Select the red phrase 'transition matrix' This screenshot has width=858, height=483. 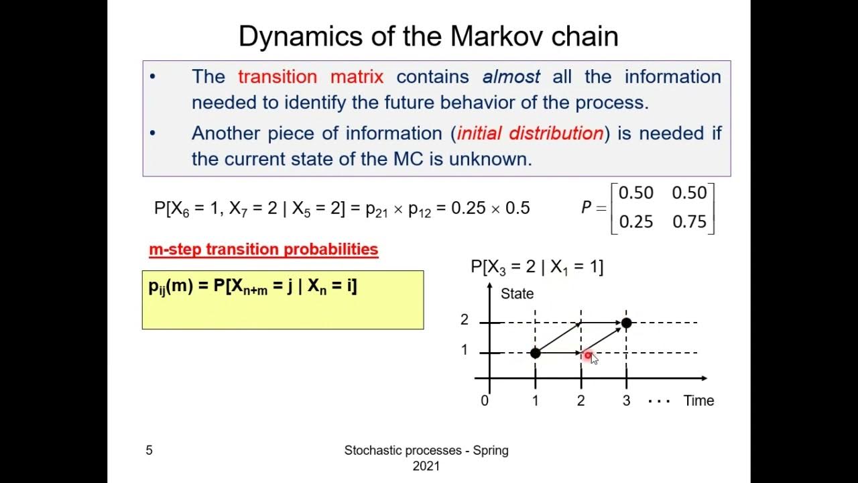(x=310, y=76)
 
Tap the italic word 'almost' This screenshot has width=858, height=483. (x=511, y=76)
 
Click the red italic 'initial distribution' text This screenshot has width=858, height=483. (x=530, y=133)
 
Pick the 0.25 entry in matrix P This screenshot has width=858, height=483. (x=635, y=221)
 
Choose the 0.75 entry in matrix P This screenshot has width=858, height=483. (x=689, y=221)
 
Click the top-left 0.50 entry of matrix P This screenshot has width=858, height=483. (x=635, y=193)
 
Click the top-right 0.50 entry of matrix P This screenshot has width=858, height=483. (x=689, y=193)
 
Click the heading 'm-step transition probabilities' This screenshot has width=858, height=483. (x=263, y=250)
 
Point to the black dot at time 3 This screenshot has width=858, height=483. (x=626, y=323)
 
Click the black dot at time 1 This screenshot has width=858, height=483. (x=535, y=353)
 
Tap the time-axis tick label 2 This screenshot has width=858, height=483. (x=580, y=400)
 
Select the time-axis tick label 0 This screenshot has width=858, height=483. (x=485, y=400)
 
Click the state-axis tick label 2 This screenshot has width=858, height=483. (x=464, y=321)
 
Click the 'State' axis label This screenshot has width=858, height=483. (x=517, y=294)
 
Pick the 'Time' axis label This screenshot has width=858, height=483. (x=698, y=400)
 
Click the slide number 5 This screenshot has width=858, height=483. (x=149, y=450)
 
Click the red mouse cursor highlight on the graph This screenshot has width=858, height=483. (x=588, y=355)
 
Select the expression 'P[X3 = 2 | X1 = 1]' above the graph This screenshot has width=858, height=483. (x=536, y=267)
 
